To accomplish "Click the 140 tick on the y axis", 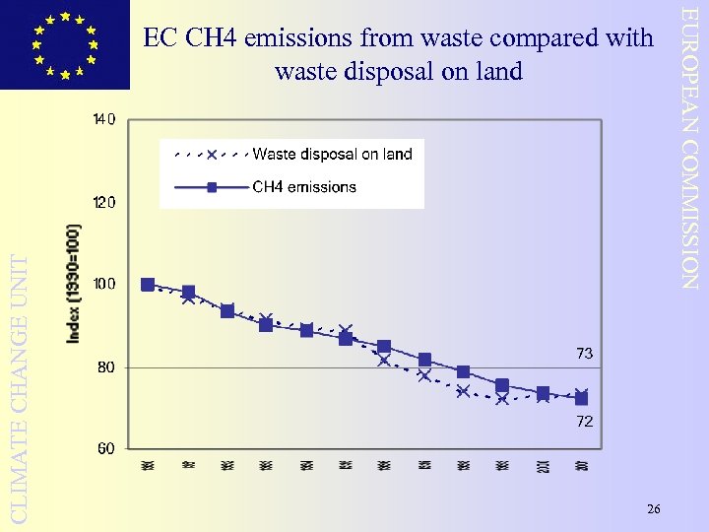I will click(x=104, y=120).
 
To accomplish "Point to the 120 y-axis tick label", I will click(x=104, y=203).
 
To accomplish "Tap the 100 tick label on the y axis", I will click(x=104, y=284).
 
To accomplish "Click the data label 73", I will click(x=585, y=353).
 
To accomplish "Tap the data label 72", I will click(x=585, y=422).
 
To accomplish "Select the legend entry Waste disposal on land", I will click(x=332, y=154).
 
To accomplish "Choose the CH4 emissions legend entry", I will click(x=304, y=187).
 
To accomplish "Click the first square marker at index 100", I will click(x=148, y=285).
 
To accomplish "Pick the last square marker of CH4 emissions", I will click(x=582, y=399).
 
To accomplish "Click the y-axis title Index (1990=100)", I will click(x=75, y=284).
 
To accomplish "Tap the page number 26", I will click(x=654, y=508).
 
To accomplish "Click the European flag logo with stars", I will click(x=65, y=44).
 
